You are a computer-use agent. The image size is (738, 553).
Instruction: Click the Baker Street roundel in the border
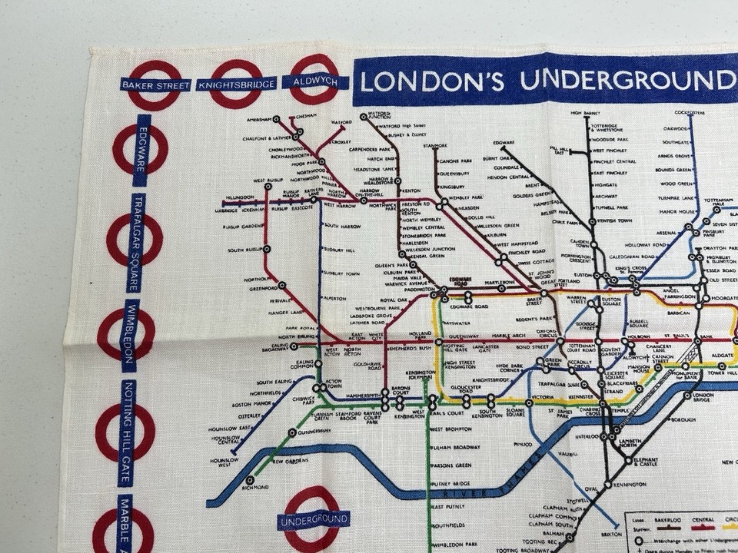click(155, 84)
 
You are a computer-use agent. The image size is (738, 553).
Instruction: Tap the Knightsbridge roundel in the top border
click(235, 84)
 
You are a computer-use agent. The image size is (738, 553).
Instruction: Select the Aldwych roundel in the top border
click(314, 80)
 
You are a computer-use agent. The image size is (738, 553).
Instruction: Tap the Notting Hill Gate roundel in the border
click(125, 432)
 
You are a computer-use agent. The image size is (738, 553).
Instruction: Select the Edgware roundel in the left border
click(141, 150)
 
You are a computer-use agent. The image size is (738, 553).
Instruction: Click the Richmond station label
click(255, 488)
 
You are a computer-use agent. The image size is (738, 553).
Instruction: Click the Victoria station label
click(543, 398)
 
